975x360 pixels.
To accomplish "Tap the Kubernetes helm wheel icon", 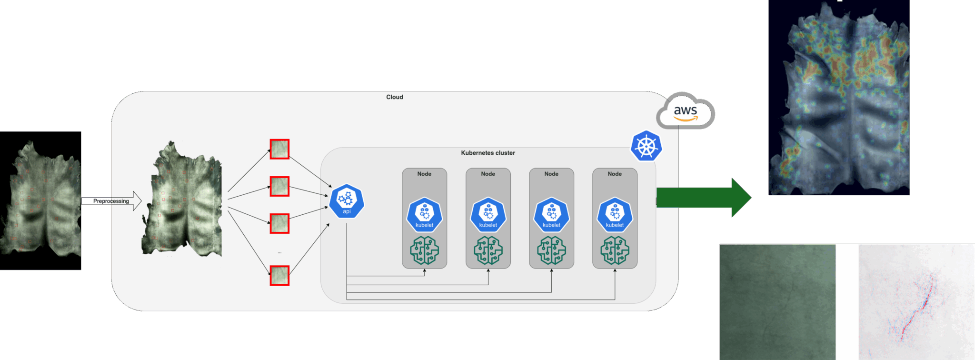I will coord(646,146).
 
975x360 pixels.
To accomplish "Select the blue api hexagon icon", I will coord(347,201).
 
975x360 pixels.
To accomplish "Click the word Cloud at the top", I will coord(394,97).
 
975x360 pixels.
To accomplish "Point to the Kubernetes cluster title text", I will coord(487,153).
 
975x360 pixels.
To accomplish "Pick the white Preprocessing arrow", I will coord(112,201).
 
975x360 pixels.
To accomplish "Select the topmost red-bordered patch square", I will coord(279,149).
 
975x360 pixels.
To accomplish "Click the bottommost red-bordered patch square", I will coord(279,276).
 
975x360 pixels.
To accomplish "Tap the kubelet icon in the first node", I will coord(424,215).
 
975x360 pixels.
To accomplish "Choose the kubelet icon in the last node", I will coord(615,215).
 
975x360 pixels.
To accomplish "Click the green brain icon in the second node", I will coord(488,250).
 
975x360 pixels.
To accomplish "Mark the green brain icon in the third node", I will coord(551,250).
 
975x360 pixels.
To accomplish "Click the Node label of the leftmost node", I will coord(424,174).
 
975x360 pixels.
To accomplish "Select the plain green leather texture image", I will coord(777,302).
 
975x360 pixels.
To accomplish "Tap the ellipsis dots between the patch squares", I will coord(279,252).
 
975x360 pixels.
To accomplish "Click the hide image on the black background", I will coord(40,200).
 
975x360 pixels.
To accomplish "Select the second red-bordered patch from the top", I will coord(279,186).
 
